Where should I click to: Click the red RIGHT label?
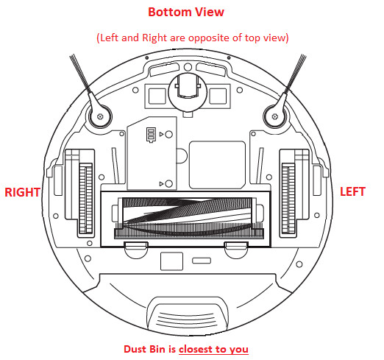coord(22,192)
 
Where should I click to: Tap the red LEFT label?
coord(352,191)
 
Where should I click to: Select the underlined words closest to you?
coord(213,349)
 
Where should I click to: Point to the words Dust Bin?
coord(144,349)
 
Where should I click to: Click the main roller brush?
coord(188,218)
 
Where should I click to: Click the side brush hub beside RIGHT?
coord(100,116)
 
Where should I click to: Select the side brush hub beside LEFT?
coord(275,116)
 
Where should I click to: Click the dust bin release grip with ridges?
coord(188,317)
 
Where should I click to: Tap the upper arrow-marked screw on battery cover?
coord(168,134)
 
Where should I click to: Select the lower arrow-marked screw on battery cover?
coord(168,183)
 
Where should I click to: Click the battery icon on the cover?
coord(151,135)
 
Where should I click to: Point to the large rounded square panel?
coord(217,165)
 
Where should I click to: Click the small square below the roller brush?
coord(171,261)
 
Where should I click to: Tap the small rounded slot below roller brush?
coord(202,261)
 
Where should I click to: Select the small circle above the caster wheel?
coord(188,67)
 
